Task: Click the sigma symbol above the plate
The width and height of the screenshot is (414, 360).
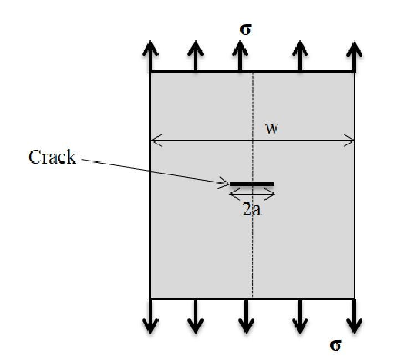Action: [245, 29]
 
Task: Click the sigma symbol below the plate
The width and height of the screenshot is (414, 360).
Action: [335, 345]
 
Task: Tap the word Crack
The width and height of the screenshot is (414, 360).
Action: [52, 157]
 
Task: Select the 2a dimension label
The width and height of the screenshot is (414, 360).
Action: [252, 210]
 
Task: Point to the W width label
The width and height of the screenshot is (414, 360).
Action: [272, 128]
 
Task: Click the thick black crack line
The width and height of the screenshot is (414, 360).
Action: [252, 184]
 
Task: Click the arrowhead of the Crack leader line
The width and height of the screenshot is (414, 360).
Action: [225, 181]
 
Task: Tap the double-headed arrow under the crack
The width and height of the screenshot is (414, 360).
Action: [252, 194]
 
